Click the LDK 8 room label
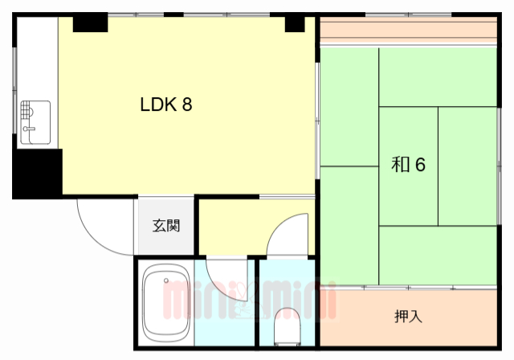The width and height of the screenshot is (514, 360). coord(166,104)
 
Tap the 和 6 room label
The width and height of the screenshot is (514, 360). coord(408,165)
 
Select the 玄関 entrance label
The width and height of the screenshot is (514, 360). coord(166,225)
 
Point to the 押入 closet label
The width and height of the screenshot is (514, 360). coord(408,316)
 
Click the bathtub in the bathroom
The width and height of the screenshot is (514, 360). coord(165,304)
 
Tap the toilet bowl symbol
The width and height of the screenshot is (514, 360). coord(285,328)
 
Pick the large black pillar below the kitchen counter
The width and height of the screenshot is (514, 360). coord(37,173)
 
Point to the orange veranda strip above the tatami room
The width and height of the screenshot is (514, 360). coord(408,31)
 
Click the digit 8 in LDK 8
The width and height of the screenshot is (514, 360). coord(186,104)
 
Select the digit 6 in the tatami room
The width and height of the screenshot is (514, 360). coord(420,165)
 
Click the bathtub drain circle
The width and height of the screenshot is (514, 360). coord(167,281)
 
